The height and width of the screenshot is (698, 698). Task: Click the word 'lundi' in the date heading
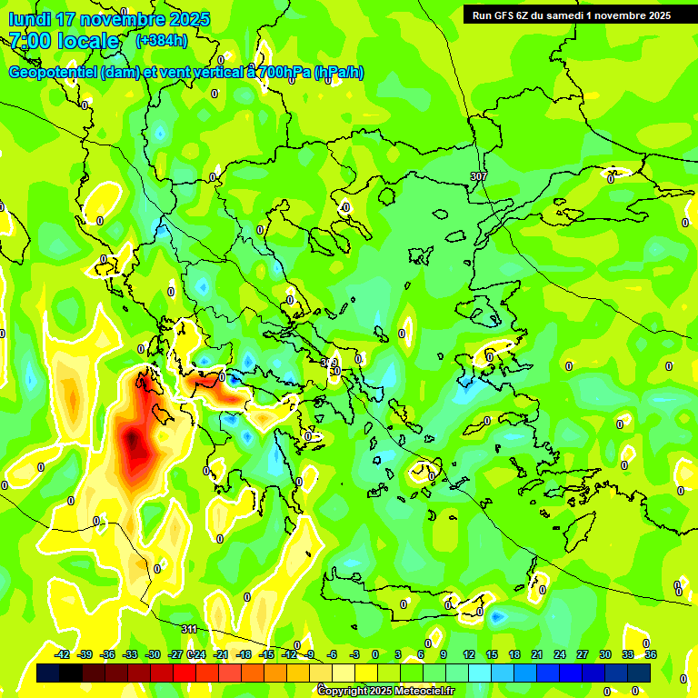coord(30,19)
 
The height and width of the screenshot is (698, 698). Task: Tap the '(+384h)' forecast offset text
coord(161,40)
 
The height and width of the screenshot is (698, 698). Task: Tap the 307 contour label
coord(479,175)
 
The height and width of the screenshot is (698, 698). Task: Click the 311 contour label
coord(189,629)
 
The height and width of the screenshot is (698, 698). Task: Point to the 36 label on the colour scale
coord(651,654)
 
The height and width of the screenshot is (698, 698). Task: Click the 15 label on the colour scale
coord(492,654)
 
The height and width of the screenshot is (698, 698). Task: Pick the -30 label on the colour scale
coord(154,654)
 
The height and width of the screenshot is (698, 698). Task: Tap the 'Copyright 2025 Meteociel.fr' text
coord(385,691)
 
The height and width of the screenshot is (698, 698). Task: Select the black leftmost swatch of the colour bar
coord(48,673)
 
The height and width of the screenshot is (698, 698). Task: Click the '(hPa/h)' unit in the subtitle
coord(339,73)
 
